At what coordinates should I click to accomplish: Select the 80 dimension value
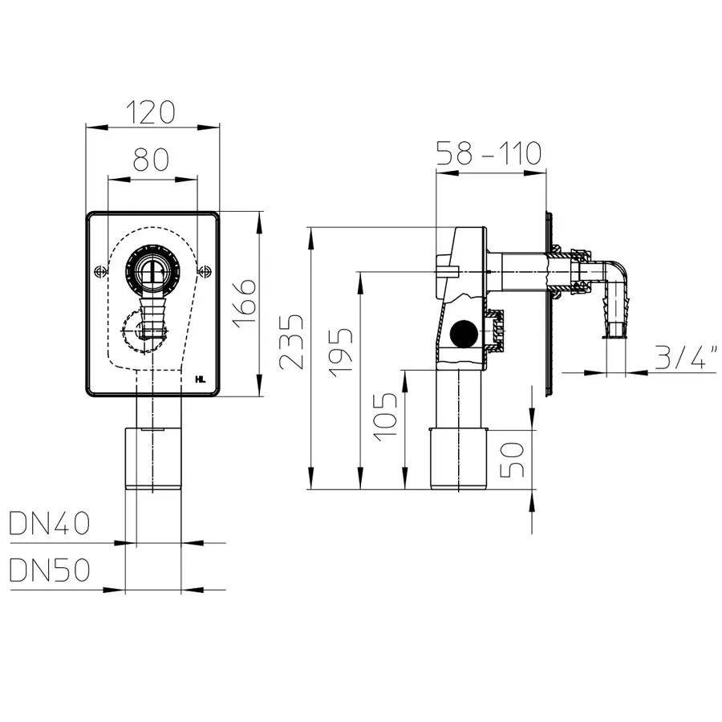[151, 159]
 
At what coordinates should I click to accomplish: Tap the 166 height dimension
[244, 302]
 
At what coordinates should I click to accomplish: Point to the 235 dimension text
[292, 341]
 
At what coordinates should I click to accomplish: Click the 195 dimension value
[341, 353]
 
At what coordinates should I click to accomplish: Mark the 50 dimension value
[512, 459]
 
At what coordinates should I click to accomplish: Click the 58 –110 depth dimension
[488, 153]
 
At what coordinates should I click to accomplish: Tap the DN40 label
[49, 524]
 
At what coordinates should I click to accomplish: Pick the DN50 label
[49, 570]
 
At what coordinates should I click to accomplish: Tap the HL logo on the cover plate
[201, 379]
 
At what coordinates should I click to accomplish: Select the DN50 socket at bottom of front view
[153, 458]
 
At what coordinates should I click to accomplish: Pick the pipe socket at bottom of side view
[459, 459]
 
